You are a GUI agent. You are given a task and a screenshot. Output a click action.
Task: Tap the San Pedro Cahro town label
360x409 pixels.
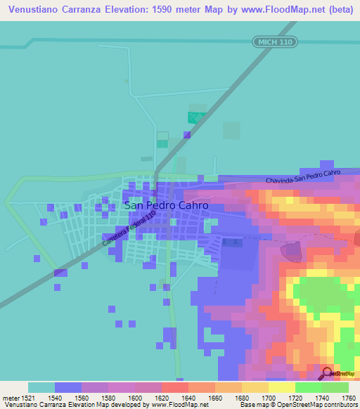coord(166,206)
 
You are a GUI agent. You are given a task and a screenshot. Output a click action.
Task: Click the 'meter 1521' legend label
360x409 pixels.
coord(14,397)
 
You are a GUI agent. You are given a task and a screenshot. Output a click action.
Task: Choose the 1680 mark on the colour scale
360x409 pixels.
coord(241,397)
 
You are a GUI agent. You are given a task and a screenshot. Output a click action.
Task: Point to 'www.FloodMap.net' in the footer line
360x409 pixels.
coord(149,405)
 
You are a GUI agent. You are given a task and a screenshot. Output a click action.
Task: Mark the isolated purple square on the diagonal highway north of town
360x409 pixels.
coord(187,135)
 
